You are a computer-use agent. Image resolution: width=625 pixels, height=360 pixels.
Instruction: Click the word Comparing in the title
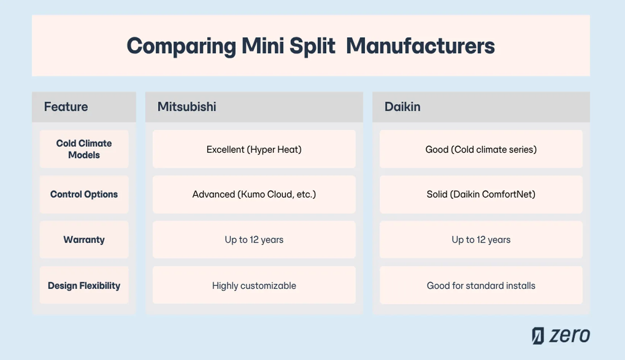click(181, 46)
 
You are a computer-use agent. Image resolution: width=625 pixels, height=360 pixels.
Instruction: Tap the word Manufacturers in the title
click(420, 46)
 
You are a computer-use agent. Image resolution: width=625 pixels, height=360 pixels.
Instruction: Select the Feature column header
click(66, 107)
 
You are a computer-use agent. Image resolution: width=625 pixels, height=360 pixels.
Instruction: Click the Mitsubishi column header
click(187, 107)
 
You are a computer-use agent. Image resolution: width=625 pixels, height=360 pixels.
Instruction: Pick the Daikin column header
click(402, 107)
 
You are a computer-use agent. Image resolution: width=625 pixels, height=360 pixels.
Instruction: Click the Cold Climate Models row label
click(84, 149)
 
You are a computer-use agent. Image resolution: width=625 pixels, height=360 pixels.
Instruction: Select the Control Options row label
click(84, 194)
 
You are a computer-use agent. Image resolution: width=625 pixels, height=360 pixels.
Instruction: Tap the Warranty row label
click(84, 239)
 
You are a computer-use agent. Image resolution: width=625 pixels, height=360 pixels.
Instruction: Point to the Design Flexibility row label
click(84, 285)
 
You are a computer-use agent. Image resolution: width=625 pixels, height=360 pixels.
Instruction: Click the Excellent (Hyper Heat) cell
click(254, 149)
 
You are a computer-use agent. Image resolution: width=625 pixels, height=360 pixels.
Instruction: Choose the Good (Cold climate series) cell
click(481, 149)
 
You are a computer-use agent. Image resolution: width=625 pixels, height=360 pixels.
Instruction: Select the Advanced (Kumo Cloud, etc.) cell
click(254, 194)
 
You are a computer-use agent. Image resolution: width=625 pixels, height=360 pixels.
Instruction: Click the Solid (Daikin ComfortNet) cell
click(481, 194)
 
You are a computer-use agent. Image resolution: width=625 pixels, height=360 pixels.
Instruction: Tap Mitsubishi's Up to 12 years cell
click(254, 239)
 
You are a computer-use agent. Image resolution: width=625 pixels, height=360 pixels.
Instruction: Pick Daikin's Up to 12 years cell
click(481, 239)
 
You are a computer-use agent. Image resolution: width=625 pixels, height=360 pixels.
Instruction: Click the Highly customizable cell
click(254, 286)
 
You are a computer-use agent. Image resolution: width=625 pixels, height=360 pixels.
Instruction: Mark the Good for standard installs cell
click(481, 286)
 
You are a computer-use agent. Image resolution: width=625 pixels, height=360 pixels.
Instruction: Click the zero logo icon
click(538, 336)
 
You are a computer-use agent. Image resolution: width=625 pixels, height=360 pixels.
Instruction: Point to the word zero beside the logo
click(569, 336)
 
